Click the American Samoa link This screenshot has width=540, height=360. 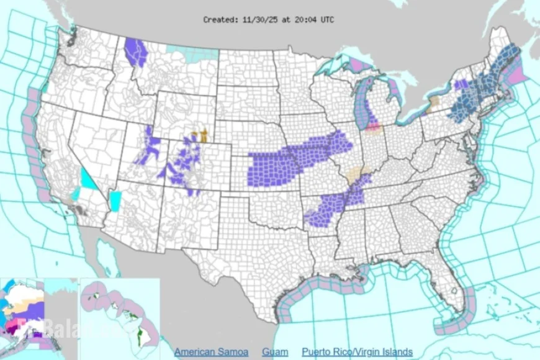211,351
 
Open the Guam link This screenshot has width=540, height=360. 274,351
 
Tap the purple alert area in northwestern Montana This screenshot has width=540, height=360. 135,52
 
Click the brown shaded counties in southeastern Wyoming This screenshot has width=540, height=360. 200,136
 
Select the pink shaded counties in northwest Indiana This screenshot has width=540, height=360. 373,127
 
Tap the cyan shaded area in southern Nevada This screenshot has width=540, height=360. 89,180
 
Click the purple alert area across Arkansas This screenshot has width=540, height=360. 326,211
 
